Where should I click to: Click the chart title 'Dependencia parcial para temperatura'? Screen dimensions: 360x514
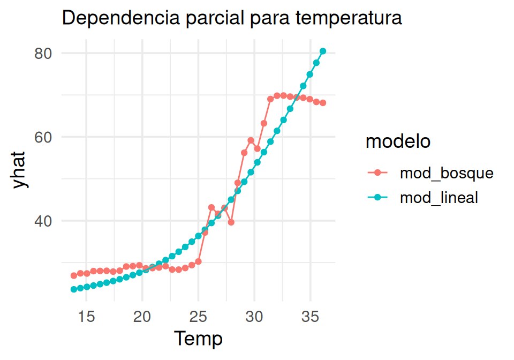(232, 18)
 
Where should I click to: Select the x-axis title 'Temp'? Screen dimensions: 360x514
(198, 339)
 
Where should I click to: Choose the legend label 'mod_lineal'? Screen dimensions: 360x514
(439, 197)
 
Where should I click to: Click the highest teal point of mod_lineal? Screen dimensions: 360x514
(323, 51)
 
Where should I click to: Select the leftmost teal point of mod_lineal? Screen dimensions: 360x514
(74, 289)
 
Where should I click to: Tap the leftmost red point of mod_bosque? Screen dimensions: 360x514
(74, 275)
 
